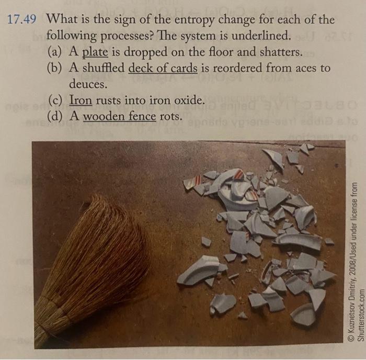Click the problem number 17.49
(x=22, y=20)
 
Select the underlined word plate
(x=95, y=53)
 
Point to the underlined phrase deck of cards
(x=163, y=68)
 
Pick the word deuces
(x=88, y=84)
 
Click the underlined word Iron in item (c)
(x=80, y=100)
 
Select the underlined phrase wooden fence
(x=120, y=116)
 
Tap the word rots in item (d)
(x=171, y=116)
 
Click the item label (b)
(x=54, y=69)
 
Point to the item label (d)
(x=54, y=116)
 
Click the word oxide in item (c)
(x=185, y=100)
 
